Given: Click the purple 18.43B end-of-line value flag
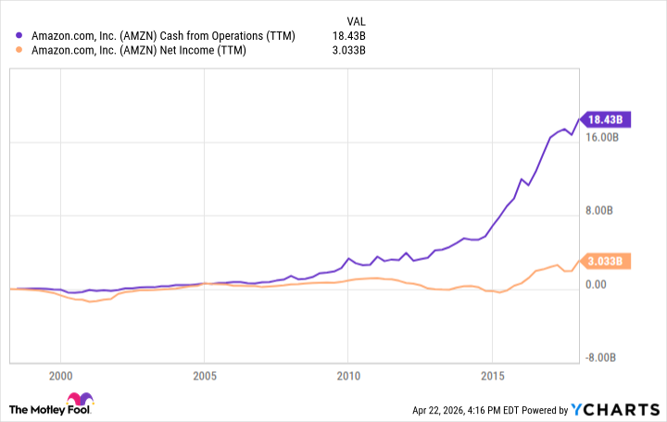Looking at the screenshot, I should click(607, 118).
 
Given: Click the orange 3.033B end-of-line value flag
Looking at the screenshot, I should click(607, 261).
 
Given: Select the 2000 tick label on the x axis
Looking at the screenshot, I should click(60, 378).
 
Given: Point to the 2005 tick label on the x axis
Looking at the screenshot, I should click(204, 378).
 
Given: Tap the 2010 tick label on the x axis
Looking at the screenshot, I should click(347, 378).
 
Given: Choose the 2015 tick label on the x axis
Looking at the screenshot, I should click(491, 378).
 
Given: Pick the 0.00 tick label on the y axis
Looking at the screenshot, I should click(593, 284).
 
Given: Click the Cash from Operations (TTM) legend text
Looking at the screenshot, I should click(163, 36).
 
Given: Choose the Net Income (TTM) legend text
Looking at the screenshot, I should click(139, 51).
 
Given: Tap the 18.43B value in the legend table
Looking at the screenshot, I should click(349, 36).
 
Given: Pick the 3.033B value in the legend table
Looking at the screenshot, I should click(349, 51).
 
